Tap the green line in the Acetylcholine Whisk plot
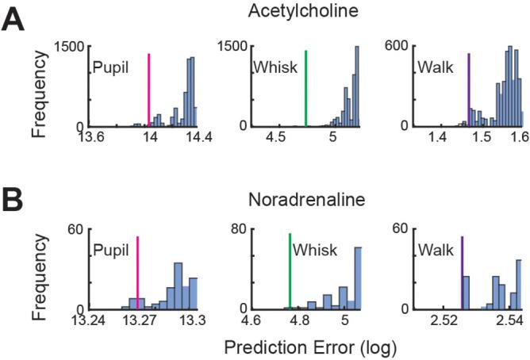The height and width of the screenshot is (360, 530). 306,87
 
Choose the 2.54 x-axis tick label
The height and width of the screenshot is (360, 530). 508,321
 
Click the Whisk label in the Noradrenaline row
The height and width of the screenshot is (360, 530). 310,251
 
